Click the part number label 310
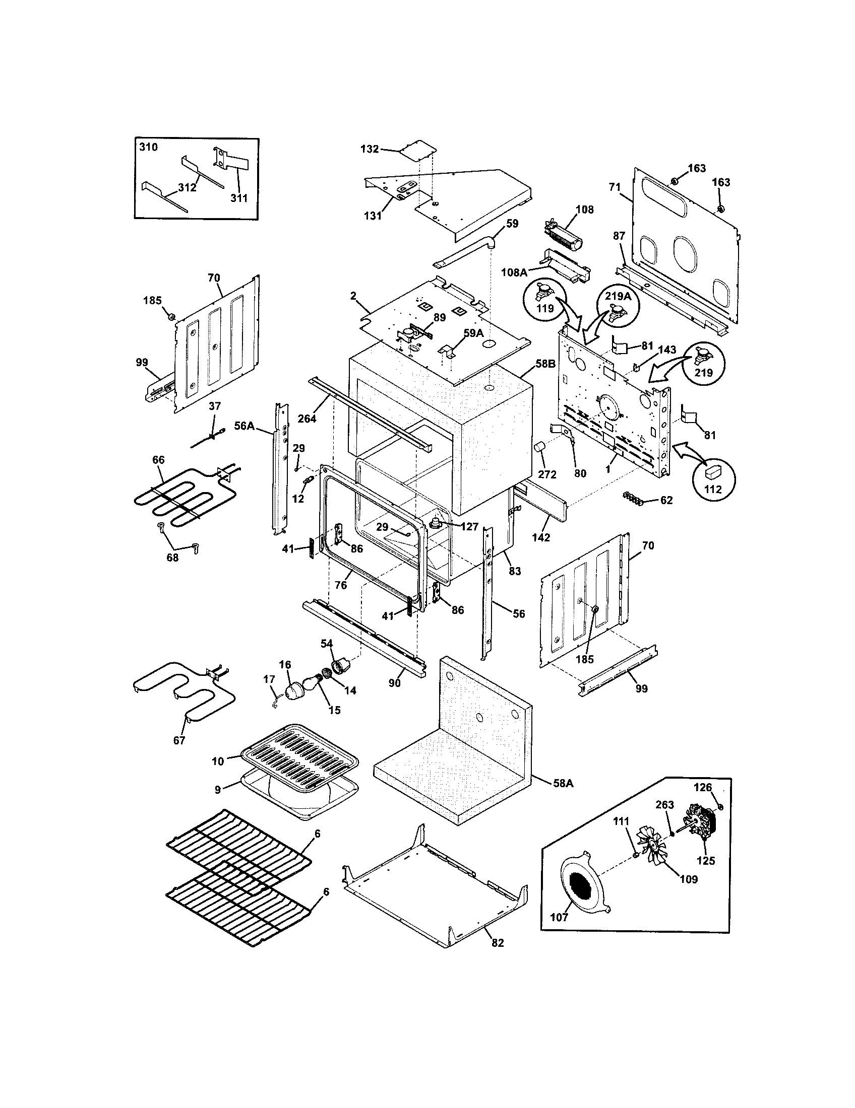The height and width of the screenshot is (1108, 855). pyautogui.click(x=148, y=147)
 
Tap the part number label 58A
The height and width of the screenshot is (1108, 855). pyautogui.click(x=563, y=798)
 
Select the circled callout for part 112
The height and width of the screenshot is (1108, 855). pyautogui.click(x=713, y=476)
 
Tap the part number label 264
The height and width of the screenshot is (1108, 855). pyautogui.click(x=307, y=419)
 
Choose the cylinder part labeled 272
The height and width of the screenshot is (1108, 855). pyautogui.click(x=539, y=449)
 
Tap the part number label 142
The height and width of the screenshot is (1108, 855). pyautogui.click(x=541, y=537)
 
